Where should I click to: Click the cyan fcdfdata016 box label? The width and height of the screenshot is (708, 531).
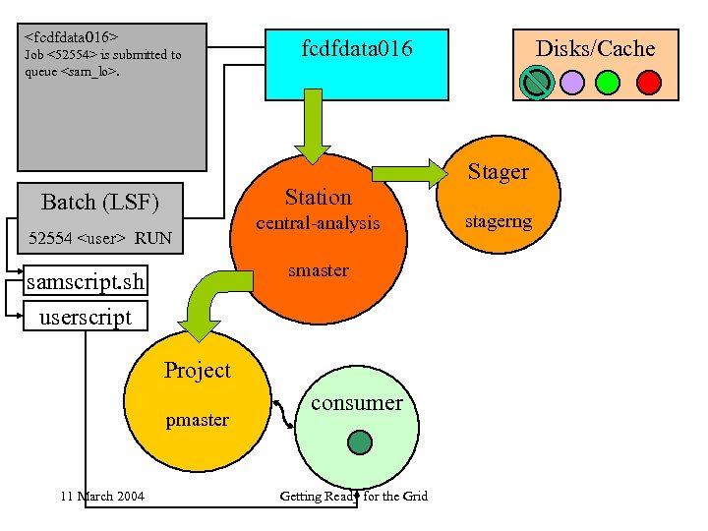pos(357,49)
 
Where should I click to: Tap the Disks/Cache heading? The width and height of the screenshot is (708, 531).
pos(595,48)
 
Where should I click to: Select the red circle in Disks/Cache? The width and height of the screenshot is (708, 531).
pos(648,82)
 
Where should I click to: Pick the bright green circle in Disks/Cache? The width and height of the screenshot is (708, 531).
pos(609,82)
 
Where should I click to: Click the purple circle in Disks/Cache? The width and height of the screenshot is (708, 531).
pos(571,82)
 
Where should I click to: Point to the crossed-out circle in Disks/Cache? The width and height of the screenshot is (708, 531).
pos(536,82)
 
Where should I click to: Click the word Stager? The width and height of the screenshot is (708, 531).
pos(498,172)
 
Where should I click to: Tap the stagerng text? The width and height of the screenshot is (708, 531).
pos(499,222)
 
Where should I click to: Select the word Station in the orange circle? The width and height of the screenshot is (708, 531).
pos(318,197)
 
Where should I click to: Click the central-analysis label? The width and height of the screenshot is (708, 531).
pos(318,223)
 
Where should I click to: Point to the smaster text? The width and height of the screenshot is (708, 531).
pos(318,269)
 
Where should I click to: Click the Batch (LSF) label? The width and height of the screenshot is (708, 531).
pos(99,203)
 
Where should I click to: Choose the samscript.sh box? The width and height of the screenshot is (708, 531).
pos(87,283)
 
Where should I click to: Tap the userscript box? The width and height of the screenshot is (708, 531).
pos(85,317)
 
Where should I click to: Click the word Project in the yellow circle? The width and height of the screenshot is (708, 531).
pos(197,371)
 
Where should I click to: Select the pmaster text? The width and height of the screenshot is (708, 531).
pos(197,420)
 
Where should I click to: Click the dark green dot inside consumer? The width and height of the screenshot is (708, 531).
pos(360,442)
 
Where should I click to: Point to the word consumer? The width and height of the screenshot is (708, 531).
pos(356,402)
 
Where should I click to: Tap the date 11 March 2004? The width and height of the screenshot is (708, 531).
pos(101,496)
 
